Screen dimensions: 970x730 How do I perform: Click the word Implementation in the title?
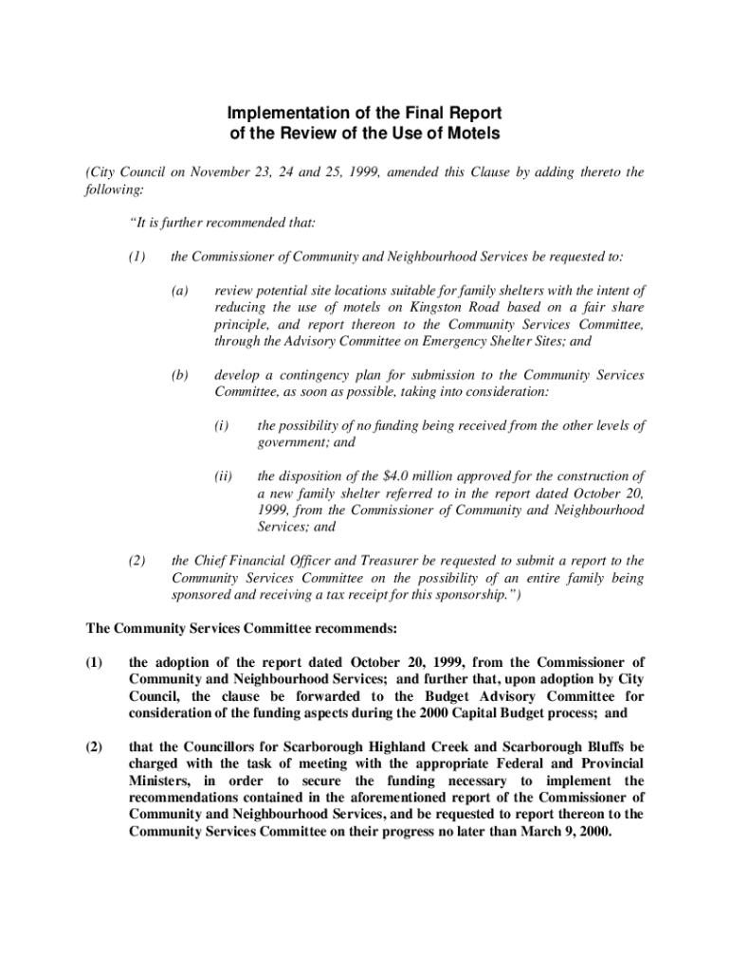(280, 115)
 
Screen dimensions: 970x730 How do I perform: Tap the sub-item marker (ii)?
(223, 476)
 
